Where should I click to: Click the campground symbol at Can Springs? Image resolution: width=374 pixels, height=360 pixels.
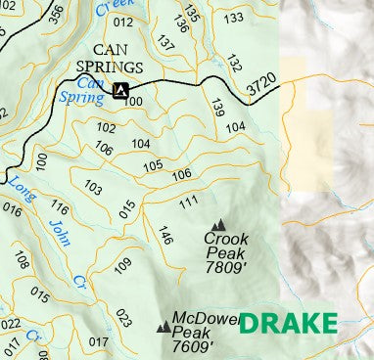click(120, 91)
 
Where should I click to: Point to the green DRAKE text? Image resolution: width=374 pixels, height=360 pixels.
click(288, 324)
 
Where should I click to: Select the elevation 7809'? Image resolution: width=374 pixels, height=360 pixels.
click(226, 266)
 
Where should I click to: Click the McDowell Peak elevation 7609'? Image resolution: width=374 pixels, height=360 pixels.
click(192, 346)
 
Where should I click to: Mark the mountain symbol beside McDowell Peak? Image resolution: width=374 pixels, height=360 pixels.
click(162, 328)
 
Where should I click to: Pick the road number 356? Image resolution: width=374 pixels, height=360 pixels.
click(56, 13)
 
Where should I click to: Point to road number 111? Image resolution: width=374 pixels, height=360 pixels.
click(188, 202)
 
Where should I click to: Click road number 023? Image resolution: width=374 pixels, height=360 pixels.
click(123, 318)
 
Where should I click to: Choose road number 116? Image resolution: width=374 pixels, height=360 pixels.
click(60, 208)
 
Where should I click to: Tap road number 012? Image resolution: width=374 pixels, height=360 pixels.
click(122, 22)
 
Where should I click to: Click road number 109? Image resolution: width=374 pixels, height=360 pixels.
click(122, 264)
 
